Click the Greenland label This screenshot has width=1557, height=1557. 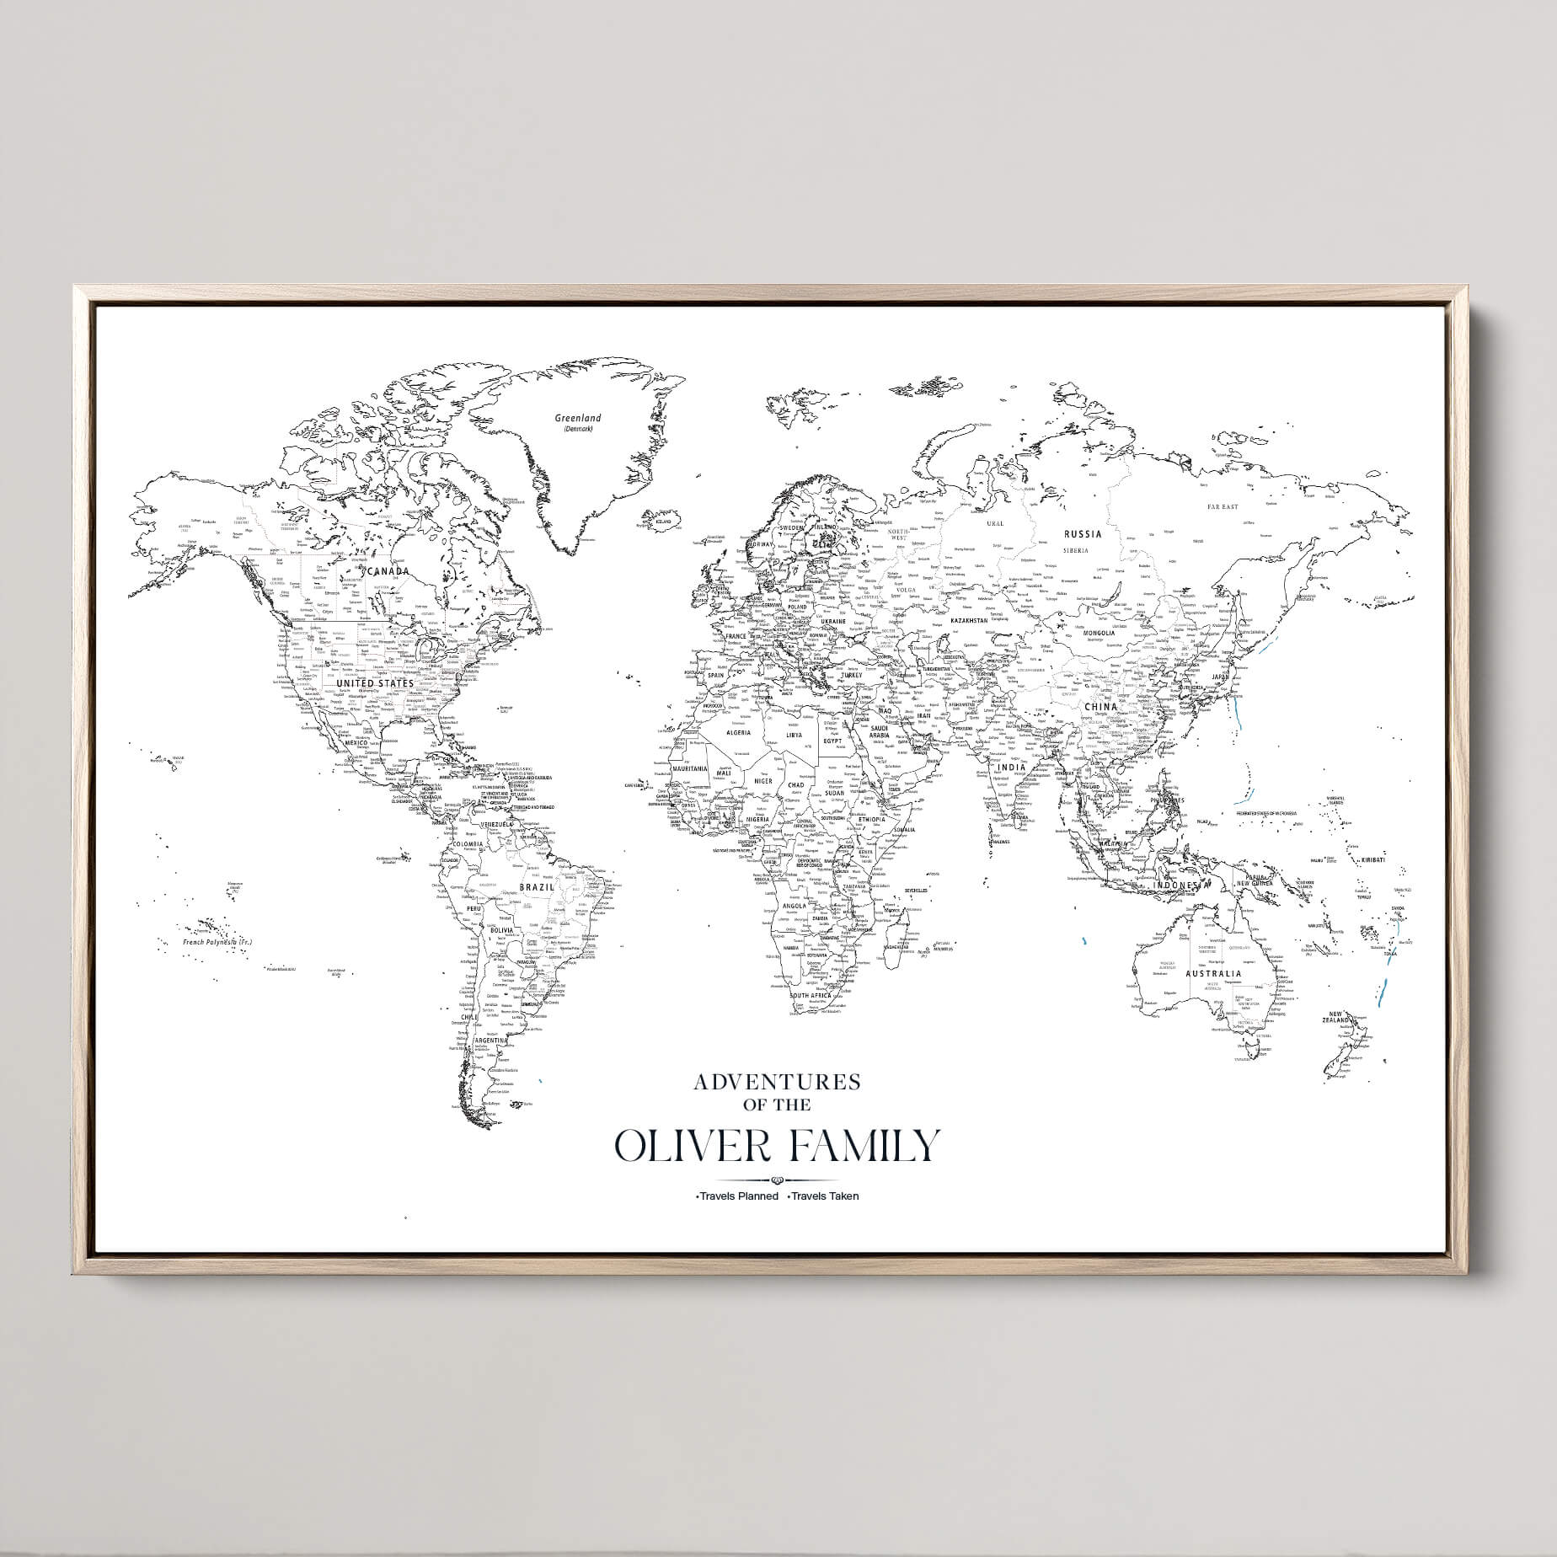(x=577, y=418)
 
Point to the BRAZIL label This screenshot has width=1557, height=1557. (x=537, y=887)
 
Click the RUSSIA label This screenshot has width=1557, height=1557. (x=1083, y=533)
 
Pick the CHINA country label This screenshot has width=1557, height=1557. (x=1100, y=707)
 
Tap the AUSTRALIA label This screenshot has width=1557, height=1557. (x=1212, y=974)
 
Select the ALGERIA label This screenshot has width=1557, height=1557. (x=738, y=732)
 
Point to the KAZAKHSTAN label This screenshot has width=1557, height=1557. (x=968, y=620)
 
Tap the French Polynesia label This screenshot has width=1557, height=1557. (x=217, y=942)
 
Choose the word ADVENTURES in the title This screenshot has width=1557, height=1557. (x=777, y=1082)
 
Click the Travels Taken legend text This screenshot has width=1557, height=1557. (x=824, y=1196)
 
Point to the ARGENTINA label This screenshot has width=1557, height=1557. (x=491, y=1041)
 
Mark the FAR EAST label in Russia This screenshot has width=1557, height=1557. (x=1223, y=507)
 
